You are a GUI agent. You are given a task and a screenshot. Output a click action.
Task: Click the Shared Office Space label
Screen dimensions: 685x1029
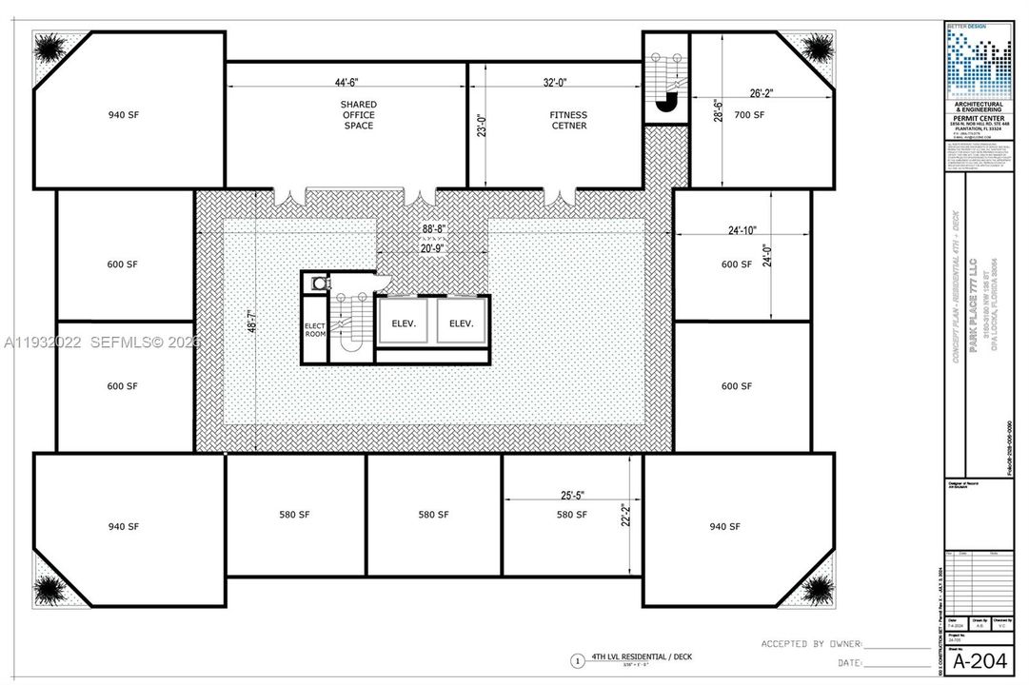[358, 114]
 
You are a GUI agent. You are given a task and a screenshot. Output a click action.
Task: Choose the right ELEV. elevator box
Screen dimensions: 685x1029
[462, 323]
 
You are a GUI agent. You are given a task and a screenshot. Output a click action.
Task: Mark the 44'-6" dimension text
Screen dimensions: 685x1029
[346, 83]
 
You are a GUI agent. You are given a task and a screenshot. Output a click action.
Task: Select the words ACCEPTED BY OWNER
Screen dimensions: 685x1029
[811, 644]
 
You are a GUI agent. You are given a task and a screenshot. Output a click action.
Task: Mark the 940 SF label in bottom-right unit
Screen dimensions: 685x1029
[726, 526]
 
